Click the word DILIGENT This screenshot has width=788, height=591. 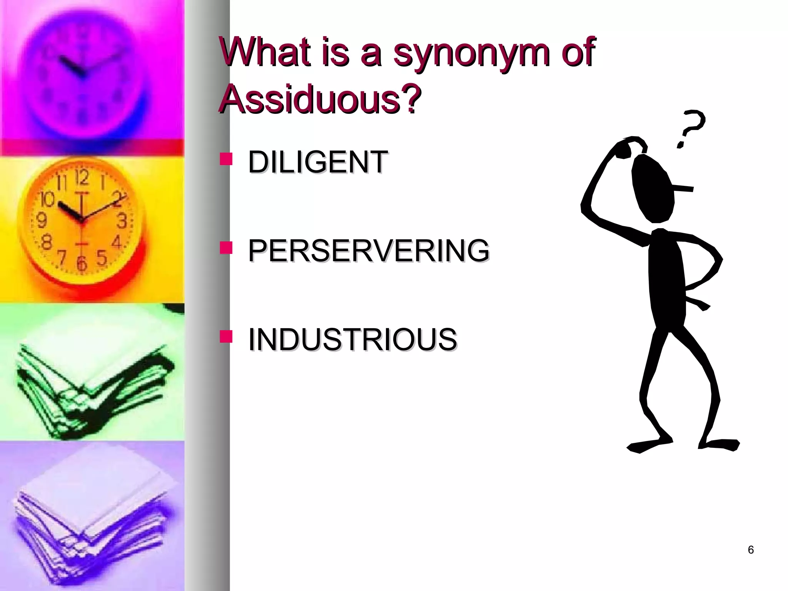[x=317, y=162]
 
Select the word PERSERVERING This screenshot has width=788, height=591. [x=368, y=250]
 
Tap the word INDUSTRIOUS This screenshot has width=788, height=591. [x=352, y=339]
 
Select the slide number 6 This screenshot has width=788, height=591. [x=750, y=550]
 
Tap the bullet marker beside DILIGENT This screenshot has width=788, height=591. [x=226, y=159]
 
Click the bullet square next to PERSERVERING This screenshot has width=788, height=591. [x=226, y=248]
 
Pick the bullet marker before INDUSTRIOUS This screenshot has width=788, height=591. [x=226, y=336]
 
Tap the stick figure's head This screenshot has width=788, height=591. [x=653, y=189]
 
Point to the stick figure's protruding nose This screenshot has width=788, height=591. [x=683, y=189]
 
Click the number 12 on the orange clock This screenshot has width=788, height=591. [x=82, y=177]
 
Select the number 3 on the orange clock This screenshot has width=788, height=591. [x=122, y=221]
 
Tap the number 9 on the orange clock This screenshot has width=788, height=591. [x=41, y=221]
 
